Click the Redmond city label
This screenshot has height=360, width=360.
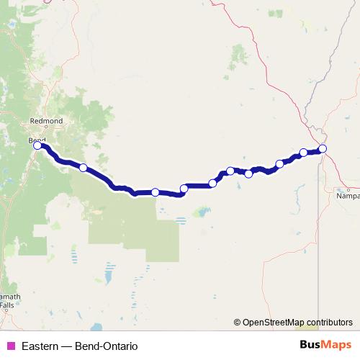click(x=47, y=121)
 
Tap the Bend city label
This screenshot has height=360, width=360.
click(x=37, y=139)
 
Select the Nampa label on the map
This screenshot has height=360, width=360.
click(x=348, y=194)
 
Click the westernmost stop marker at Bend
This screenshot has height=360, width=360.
click(x=37, y=145)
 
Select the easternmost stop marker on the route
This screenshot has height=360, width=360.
click(x=323, y=148)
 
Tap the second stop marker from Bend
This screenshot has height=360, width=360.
click(x=84, y=168)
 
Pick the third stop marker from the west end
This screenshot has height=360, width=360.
click(x=155, y=192)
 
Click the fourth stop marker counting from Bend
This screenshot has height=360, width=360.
click(x=184, y=189)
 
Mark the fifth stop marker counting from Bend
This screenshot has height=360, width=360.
click(x=212, y=183)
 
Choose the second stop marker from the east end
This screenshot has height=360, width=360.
click(x=304, y=153)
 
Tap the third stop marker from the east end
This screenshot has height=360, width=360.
click(x=280, y=163)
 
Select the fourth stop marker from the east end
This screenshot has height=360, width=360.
click(x=249, y=173)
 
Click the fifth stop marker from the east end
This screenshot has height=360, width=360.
click(x=230, y=171)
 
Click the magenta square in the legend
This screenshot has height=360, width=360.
click(x=10, y=346)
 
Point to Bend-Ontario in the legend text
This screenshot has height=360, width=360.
click(x=105, y=346)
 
